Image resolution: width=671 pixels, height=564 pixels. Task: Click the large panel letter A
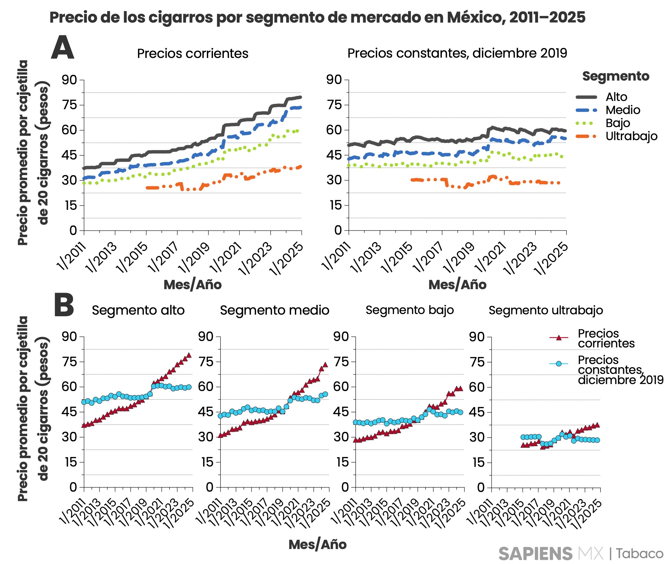(x=62, y=48)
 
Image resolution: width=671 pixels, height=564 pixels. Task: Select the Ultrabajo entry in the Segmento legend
(x=631, y=137)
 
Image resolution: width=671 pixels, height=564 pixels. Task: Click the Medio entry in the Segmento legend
(x=622, y=110)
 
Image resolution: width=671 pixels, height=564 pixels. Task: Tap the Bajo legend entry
(x=617, y=124)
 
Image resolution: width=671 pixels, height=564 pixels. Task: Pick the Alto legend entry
(x=616, y=97)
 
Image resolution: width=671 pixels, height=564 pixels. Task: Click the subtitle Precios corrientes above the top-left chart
(x=192, y=54)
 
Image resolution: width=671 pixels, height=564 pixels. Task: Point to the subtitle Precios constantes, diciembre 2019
(x=457, y=53)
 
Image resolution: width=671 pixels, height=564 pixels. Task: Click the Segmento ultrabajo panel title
(x=545, y=311)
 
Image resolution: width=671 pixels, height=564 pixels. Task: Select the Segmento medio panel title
(x=274, y=311)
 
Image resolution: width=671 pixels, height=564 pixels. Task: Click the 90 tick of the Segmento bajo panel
(x=340, y=337)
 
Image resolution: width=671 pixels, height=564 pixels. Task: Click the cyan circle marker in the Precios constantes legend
(x=559, y=364)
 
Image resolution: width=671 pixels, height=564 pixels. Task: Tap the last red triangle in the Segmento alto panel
(x=189, y=355)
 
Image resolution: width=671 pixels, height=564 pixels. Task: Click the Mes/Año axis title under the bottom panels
(x=317, y=545)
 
